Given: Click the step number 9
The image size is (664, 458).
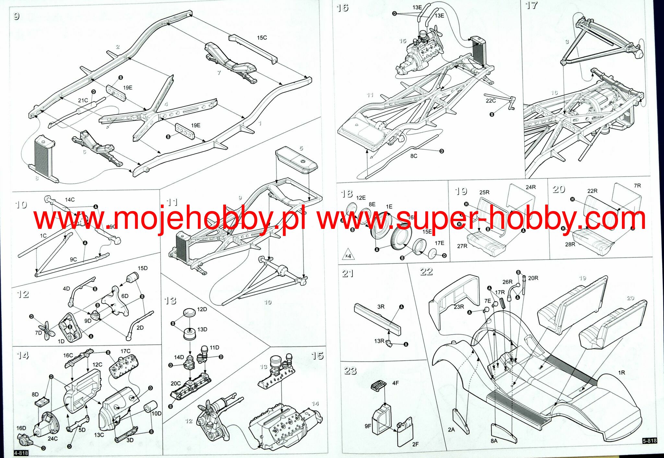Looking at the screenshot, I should (x=17, y=16).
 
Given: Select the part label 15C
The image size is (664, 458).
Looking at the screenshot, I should (x=262, y=38).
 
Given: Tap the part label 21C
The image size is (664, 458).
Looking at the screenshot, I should (x=83, y=100).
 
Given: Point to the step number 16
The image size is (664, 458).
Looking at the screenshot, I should (x=342, y=7).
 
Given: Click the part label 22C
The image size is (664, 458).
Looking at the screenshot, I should (x=491, y=101).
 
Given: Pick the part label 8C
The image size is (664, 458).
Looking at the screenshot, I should (x=414, y=156).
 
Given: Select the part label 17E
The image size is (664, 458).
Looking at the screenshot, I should (x=439, y=243).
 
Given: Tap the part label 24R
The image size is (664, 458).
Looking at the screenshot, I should (x=531, y=187).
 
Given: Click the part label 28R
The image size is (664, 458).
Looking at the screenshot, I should (x=570, y=244).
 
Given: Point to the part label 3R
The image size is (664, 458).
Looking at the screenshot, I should (x=381, y=307).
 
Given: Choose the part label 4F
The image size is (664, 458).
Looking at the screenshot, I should (x=395, y=383).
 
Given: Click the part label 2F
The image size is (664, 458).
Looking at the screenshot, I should (x=415, y=444).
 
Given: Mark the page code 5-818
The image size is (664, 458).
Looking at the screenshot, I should (x=649, y=441).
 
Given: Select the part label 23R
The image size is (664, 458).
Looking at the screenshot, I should (x=459, y=307).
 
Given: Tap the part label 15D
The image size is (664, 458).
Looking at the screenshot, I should (x=143, y=268).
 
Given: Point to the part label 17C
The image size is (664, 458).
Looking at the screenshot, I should (x=125, y=351).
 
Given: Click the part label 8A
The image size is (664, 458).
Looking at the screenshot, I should (x=494, y=441).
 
